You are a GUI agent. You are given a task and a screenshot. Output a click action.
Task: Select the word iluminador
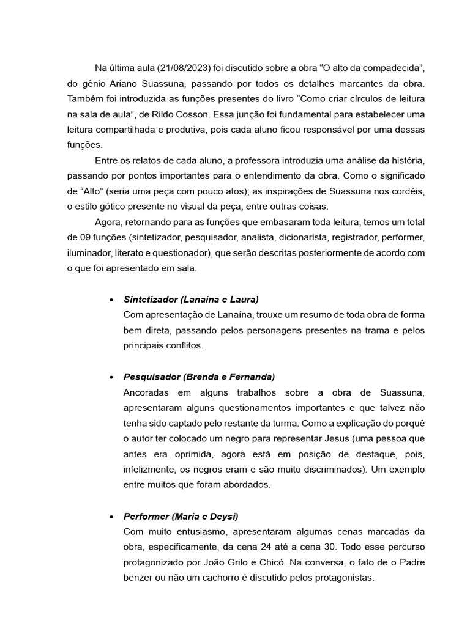tap(92, 252)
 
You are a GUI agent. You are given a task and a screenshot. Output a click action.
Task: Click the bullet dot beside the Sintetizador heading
tap(110, 300)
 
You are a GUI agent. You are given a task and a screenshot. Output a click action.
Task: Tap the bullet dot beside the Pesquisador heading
tap(110, 377)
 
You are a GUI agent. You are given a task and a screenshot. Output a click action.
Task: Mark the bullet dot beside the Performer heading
tap(110, 517)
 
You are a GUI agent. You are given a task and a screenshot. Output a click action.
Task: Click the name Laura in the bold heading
tap(243, 300)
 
